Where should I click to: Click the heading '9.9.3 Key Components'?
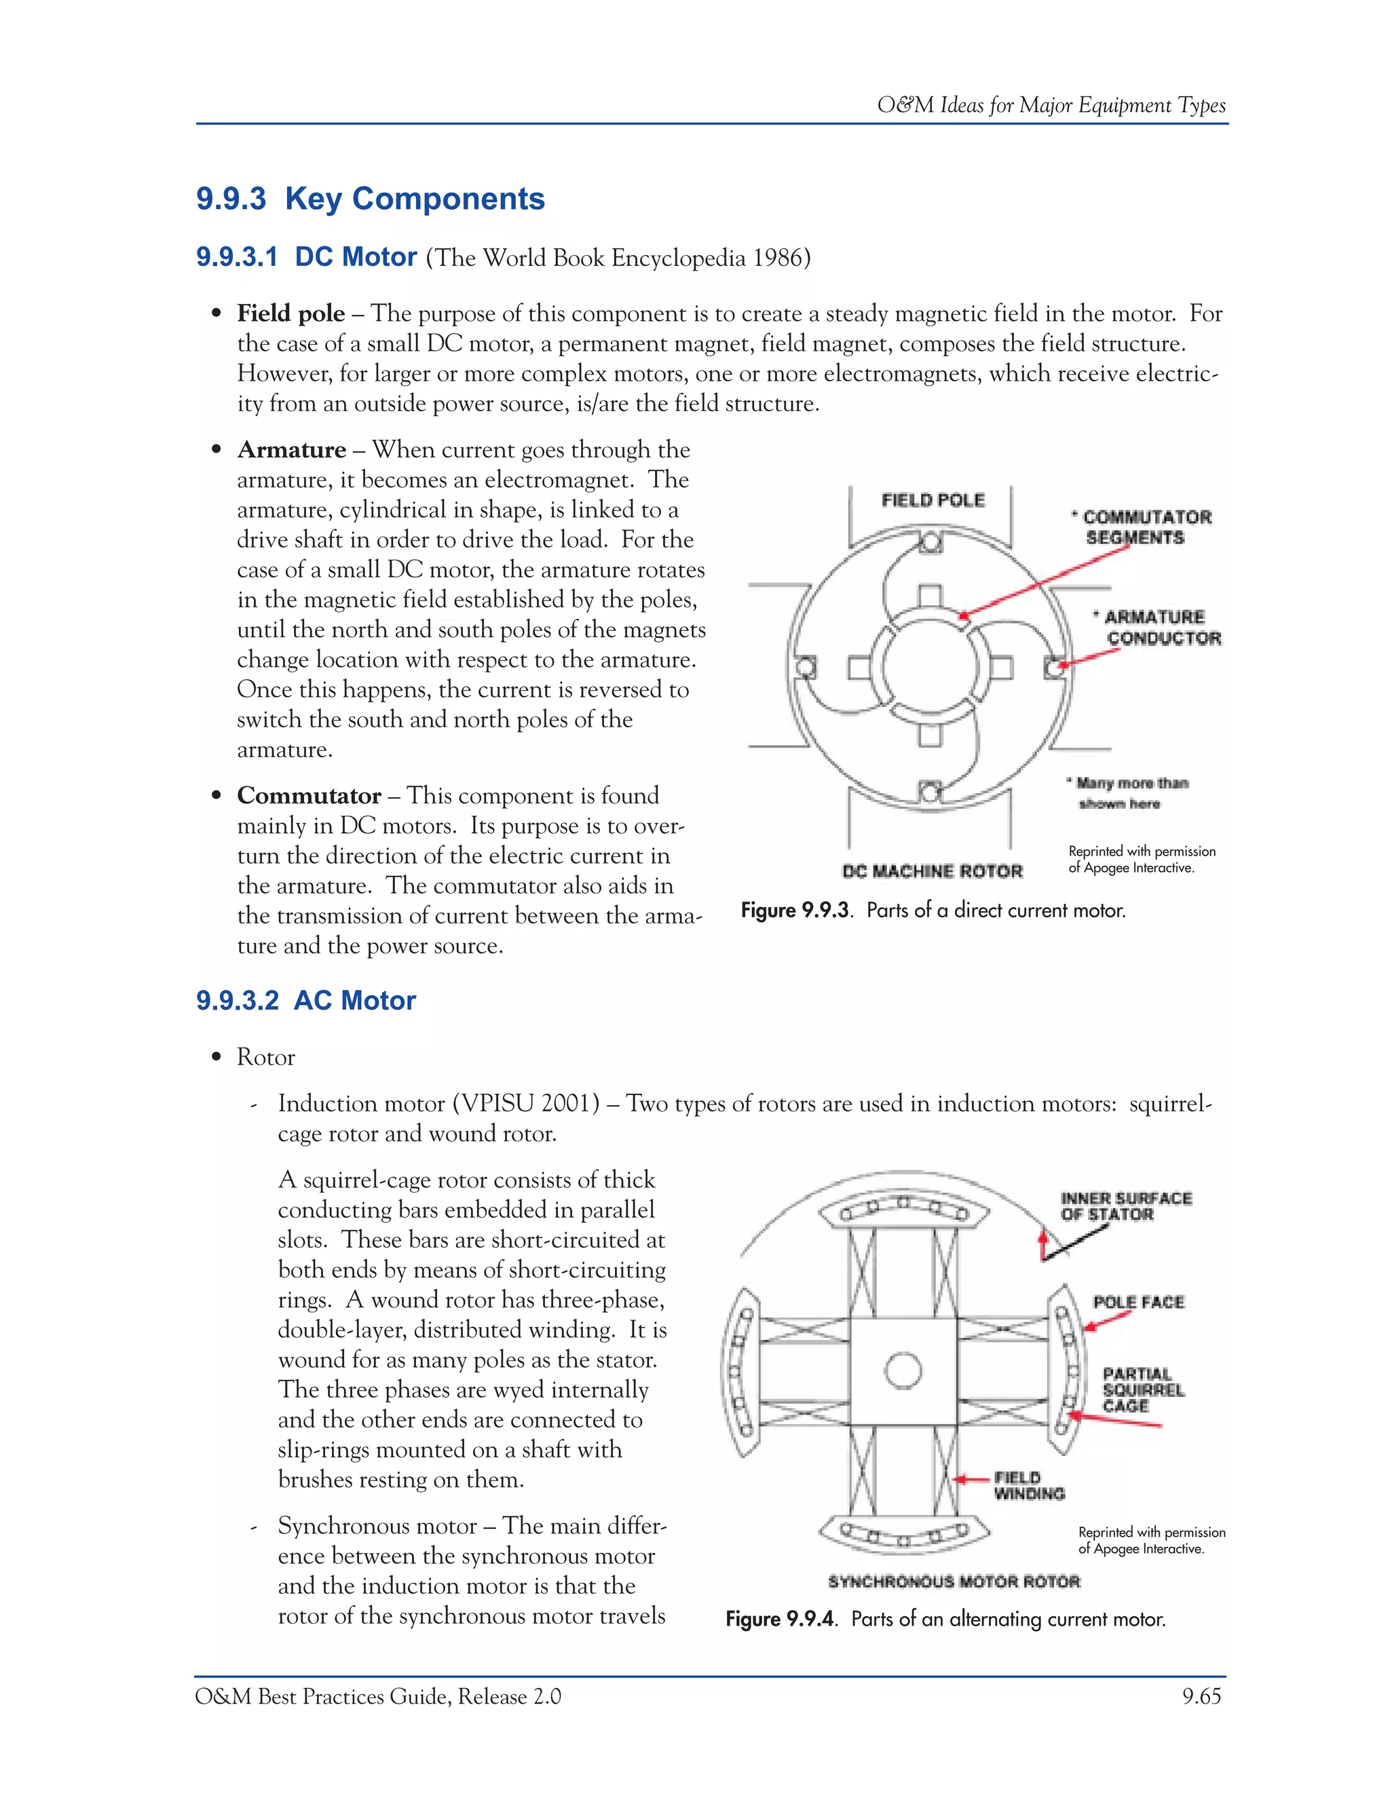[x=371, y=199]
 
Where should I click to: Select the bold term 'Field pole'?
[x=290, y=313]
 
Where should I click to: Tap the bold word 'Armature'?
[x=291, y=449]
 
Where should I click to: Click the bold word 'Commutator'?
[x=309, y=795]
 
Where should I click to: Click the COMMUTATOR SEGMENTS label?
[x=1140, y=527]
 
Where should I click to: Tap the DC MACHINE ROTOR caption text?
[x=931, y=871]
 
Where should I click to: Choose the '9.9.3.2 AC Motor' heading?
[x=306, y=1000]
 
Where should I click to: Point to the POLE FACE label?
[x=1138, y=1301]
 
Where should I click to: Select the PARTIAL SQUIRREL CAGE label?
[x=1142, y=1390]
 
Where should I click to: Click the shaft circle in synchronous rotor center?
[x=903, y=1371]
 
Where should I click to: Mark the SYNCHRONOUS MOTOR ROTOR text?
[x=954, y=1582]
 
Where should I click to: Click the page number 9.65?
[x=1201, y=1697]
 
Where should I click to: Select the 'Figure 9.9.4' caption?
[x=945, y=1620]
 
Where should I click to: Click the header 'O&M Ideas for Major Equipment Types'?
[x=1051, y=105]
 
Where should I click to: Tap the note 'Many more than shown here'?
[x=1129, y=792]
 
